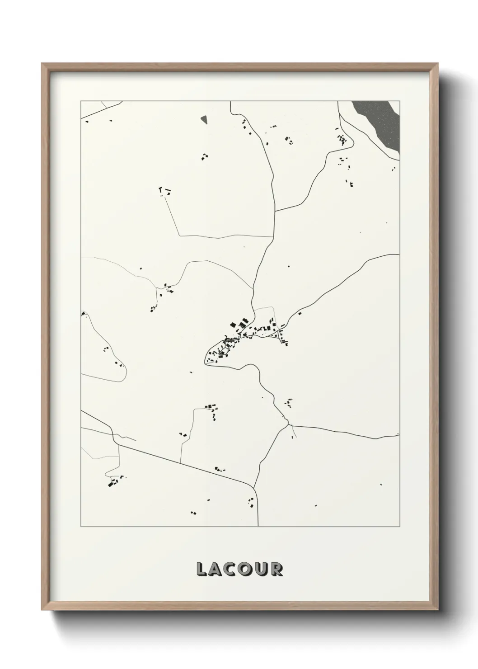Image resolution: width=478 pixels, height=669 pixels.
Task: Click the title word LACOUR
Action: [x=239, y=569]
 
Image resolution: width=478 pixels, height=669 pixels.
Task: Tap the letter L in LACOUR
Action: [x=202, y=569]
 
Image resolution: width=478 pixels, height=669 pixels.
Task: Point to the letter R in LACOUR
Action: [x=276, y=569]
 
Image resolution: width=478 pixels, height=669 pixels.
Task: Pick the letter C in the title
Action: [x=231, y=569]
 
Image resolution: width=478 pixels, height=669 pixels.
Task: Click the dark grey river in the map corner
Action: [x=380, y=122]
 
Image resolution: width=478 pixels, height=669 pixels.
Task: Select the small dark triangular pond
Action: [x=204, y=119]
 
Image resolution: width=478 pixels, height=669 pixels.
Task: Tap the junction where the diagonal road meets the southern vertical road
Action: [x=255, y=488]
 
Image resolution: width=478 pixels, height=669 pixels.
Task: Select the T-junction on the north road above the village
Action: [x=275, y=211]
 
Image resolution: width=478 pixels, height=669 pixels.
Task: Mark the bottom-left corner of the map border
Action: [x=81, y=526]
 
